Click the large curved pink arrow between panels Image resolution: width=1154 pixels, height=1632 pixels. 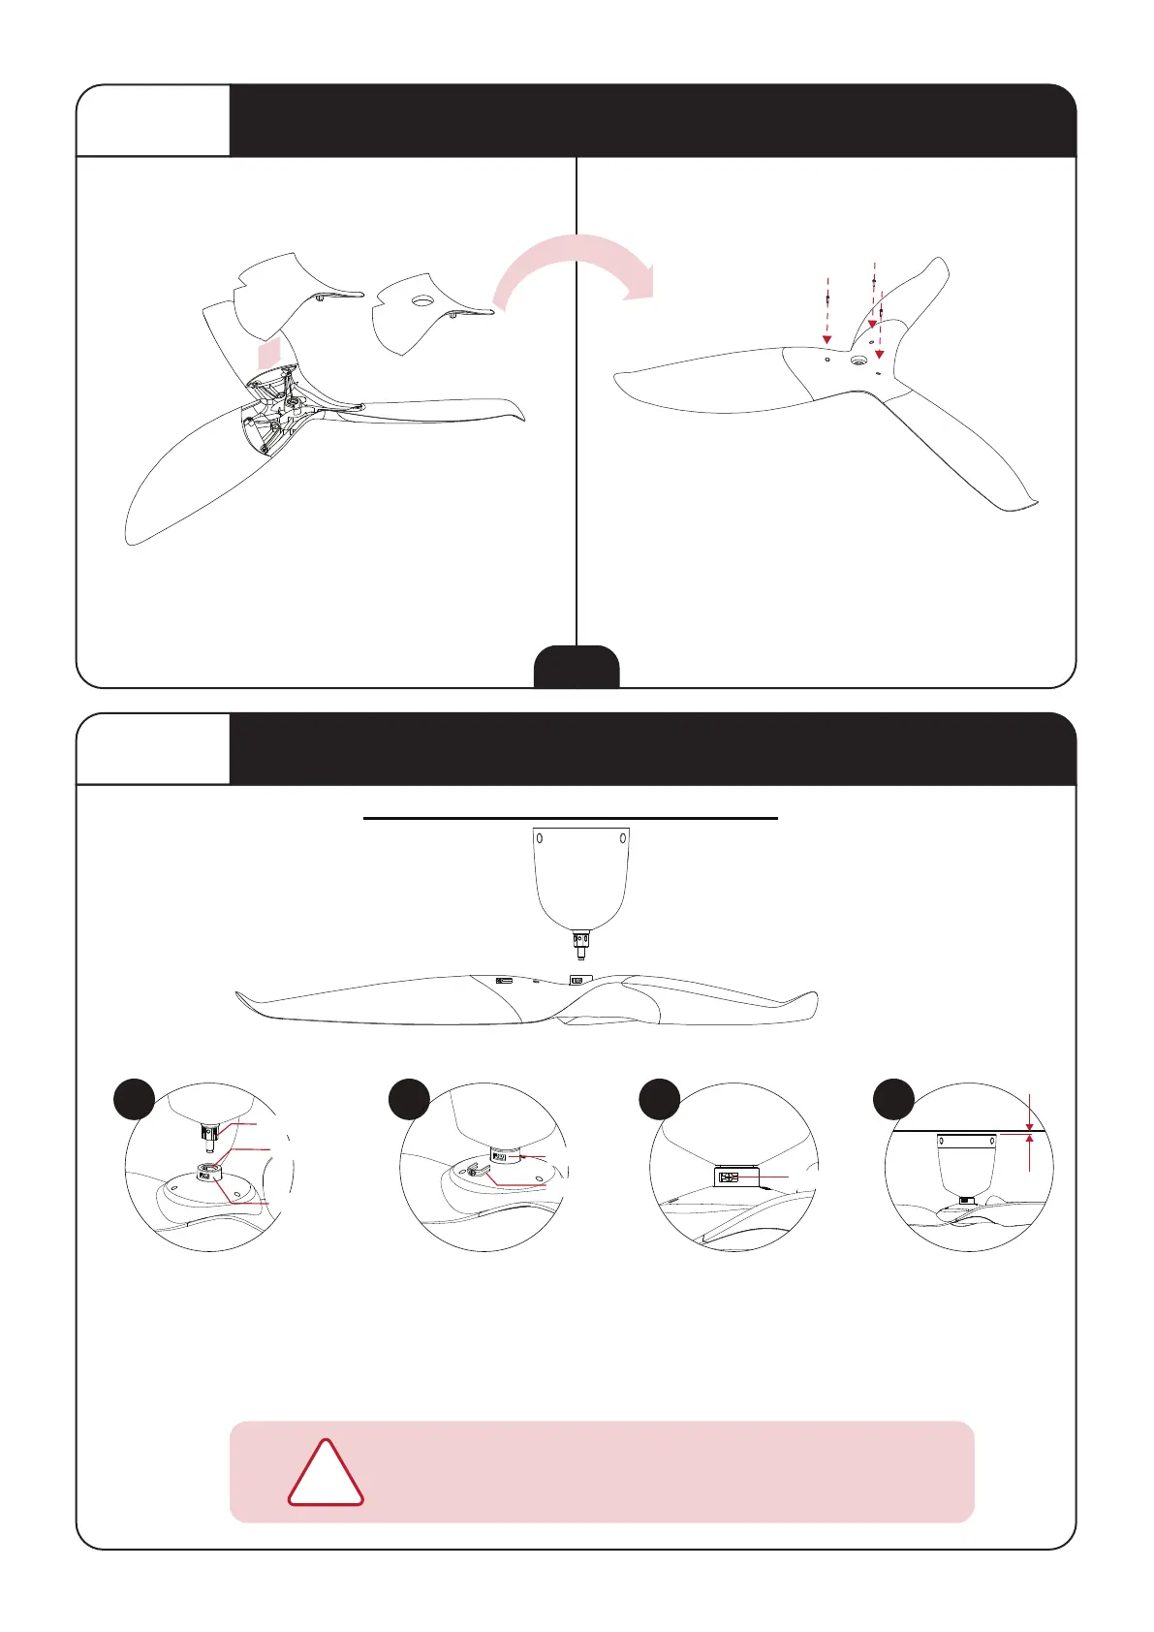coord(572,260)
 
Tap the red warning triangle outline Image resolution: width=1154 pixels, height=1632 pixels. coord(326,1475)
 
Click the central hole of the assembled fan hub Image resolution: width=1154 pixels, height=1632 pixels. coord(858,361)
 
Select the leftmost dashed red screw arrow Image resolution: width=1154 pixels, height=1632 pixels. coord(827,310)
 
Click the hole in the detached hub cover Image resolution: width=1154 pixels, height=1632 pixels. coord(421,301)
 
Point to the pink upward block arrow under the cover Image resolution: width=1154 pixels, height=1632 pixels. coord(268,353)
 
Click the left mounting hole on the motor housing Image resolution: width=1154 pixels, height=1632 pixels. coord(541,837)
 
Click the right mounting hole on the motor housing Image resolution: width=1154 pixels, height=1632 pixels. coord(622,837)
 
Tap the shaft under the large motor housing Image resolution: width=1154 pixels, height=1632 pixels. coord(580,945)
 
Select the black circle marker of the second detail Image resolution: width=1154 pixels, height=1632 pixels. coord(410,1100)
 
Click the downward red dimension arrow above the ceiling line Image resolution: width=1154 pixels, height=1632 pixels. coord(1029,1114)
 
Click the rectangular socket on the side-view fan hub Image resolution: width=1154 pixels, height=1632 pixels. coord(580,980)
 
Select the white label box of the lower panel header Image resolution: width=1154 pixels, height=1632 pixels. coord(153,749)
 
